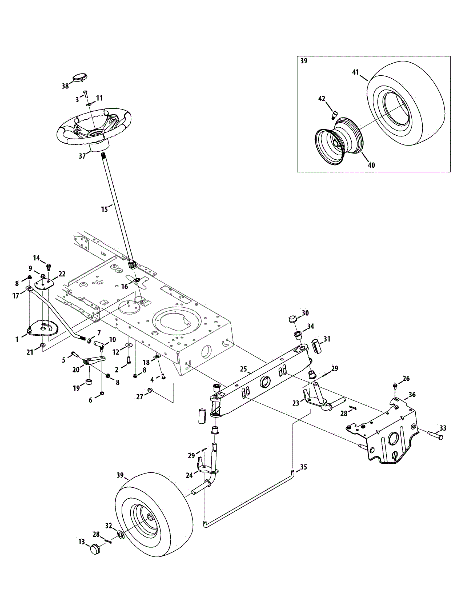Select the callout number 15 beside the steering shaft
104,209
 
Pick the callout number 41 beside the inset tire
355,72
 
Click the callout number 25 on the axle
244,369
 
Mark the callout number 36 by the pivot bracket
412,394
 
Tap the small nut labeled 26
396,386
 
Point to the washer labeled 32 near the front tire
121,535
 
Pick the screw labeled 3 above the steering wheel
86,93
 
